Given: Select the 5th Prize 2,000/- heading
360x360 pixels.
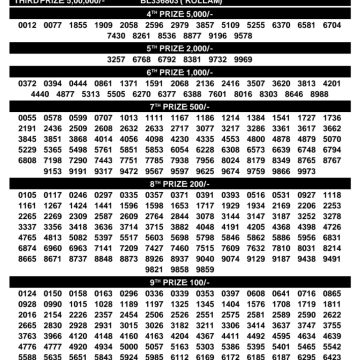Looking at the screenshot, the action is tap(180, 46).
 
